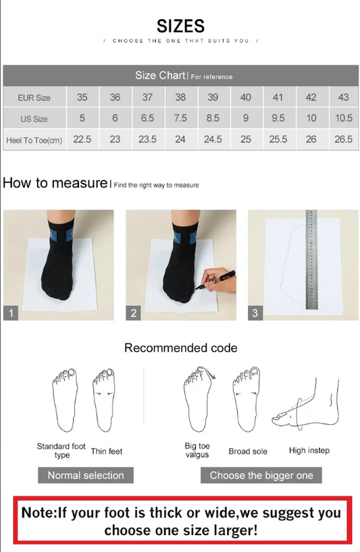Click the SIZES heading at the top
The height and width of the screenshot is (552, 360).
pyautogui.click(x=180, y=26)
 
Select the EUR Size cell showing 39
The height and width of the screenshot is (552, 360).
pyautogui.click(x=213, y=97)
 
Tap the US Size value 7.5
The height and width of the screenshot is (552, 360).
pyautogui.click(x=180, y=118)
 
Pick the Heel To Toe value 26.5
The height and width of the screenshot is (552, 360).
pyautogui.click(x=343, y=139)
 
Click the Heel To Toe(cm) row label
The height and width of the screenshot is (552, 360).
pyautogui.click(x=34, y=140)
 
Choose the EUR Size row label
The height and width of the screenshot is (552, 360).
pyautogui.click(x=34, y=98)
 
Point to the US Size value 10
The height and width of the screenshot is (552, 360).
pyautogui.click(x=311, y=118)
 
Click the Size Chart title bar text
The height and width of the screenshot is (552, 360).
pyautogui.click(x=160, y=76)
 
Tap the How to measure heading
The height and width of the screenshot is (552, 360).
pyautogui.click(x=55, y=183)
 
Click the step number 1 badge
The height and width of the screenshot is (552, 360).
pyautogui.click(x=11, y=313)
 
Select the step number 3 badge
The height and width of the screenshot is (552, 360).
pyautogui.click(x=255, y=313)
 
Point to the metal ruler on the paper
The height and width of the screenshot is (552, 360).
pyautogui.click(x=311, y=260)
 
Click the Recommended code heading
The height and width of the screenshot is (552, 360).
pyautogui.click(x=180, y=348)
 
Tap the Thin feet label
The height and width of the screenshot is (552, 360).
pyautogui.click(x=107, y=451)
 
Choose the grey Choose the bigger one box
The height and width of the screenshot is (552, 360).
pyautogui.click(x=261, y=475)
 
